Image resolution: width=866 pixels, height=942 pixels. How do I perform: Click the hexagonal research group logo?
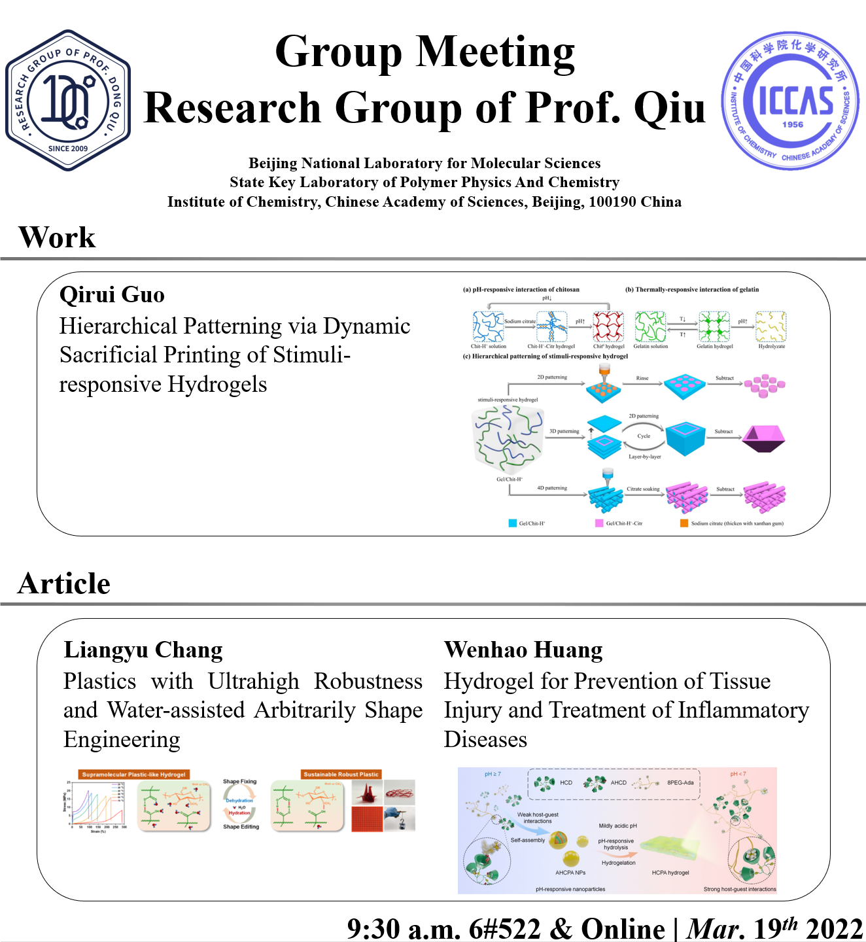click(68, 100)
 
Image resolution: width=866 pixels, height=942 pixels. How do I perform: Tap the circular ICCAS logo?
click(790, 101)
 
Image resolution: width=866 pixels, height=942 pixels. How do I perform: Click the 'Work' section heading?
click(57, 237)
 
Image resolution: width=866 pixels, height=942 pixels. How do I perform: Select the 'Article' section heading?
click(64, 584)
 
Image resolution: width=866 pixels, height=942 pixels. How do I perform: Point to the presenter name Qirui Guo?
click(112, 295)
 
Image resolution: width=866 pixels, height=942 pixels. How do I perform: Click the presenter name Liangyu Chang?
click(143, 650)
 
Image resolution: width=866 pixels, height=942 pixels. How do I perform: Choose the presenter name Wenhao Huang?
click(523, 650)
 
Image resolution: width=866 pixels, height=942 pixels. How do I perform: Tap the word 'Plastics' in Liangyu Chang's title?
click(99, 682)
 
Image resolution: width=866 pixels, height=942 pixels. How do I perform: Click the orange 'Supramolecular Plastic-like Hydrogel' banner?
click(133, 775)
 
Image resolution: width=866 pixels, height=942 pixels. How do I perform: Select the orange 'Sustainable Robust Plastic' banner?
click(341, 775)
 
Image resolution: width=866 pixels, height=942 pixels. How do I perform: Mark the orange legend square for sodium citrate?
click(684, 523)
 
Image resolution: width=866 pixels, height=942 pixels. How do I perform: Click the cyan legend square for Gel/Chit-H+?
click(513, 523)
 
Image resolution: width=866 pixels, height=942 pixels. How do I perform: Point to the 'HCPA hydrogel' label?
click(670, 873)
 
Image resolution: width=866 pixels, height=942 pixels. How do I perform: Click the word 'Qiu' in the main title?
click(670, 108)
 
